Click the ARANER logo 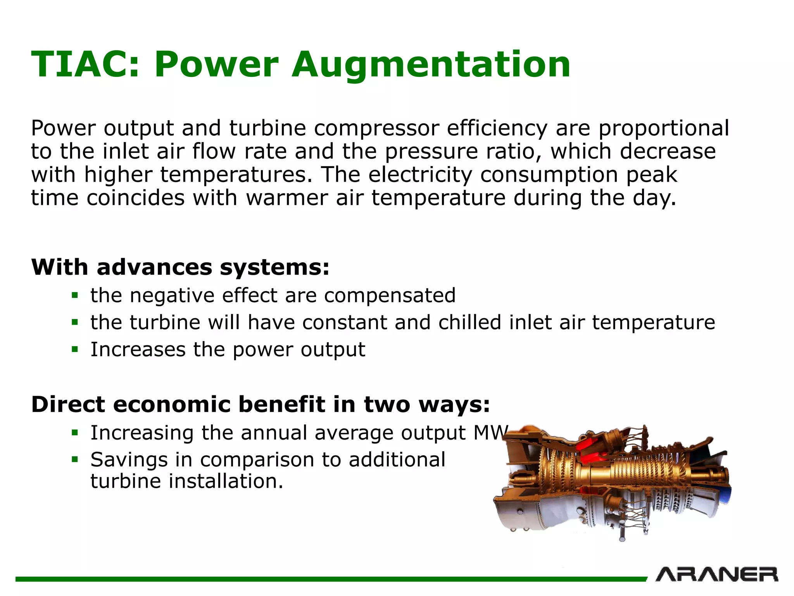point(716,575)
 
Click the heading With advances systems point(180,267)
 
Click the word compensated point(390,296)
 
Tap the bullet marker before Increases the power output point(75,350)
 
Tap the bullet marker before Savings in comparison point(75,460)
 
